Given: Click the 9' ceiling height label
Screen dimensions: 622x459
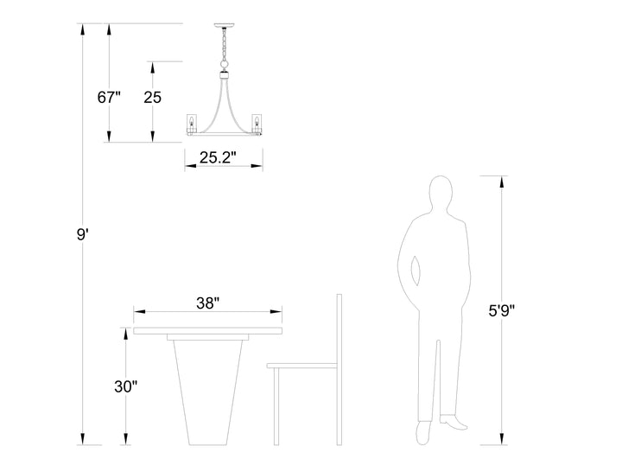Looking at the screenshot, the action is (82, 234).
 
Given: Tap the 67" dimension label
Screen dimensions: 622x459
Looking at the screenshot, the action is (109, 98).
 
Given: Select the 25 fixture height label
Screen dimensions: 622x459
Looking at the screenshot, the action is (152, 98).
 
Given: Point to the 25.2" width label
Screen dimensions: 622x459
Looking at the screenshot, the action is (218, 157).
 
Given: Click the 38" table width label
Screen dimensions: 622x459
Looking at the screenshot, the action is (208, 303).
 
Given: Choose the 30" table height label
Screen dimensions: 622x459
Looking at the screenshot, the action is (126, 386).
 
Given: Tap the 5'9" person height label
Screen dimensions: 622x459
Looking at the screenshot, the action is (501, 310).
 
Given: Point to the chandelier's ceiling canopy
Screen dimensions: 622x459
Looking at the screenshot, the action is (224, 26).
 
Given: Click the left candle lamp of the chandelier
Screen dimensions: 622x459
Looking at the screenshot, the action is (192, 124).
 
